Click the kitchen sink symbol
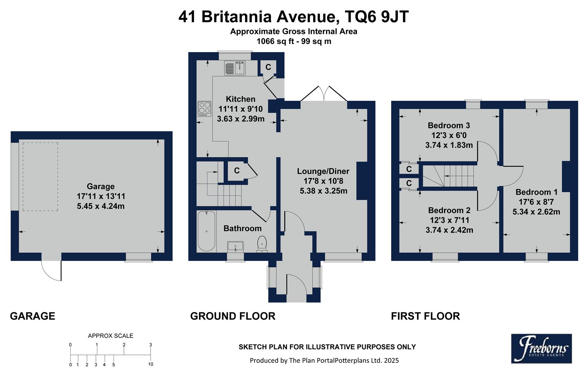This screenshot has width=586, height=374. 235,68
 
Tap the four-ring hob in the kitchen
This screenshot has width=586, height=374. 204,108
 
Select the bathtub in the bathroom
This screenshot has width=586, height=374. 206,231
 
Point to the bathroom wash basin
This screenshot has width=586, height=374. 236,247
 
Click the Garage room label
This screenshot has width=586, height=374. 100,186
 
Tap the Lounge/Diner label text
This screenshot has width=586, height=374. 323,171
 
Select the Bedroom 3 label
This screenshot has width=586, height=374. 449,125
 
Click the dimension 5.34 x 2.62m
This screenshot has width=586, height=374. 536,212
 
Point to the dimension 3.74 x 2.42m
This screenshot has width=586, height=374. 449,230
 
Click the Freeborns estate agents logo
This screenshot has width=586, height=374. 541,348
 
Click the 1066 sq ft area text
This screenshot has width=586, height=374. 276,42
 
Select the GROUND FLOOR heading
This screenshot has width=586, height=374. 233,316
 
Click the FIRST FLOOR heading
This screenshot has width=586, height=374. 425,316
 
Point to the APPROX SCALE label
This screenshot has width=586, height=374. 110,336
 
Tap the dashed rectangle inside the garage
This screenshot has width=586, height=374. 40,176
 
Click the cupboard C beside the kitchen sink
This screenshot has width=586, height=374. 268,67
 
